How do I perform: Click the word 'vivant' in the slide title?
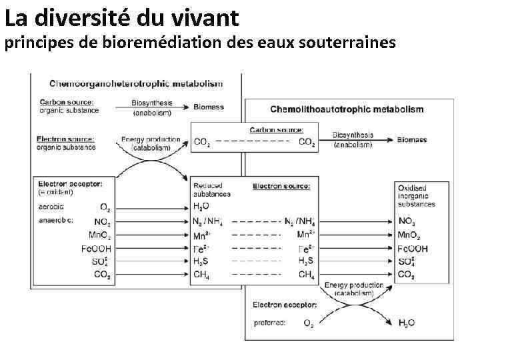201,15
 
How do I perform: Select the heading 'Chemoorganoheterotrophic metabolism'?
136,84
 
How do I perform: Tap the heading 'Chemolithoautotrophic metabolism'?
347,109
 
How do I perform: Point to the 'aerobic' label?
51,207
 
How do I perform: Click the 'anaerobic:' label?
56,220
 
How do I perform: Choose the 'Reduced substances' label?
211,190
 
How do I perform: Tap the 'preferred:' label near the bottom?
270,323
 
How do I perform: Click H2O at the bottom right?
406,323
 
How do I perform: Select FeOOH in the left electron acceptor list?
96,248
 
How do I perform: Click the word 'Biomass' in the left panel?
209,107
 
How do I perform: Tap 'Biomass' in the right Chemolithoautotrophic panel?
412,141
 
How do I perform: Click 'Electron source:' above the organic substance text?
65,139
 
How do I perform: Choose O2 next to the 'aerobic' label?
105,207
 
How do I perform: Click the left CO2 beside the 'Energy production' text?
201,142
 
